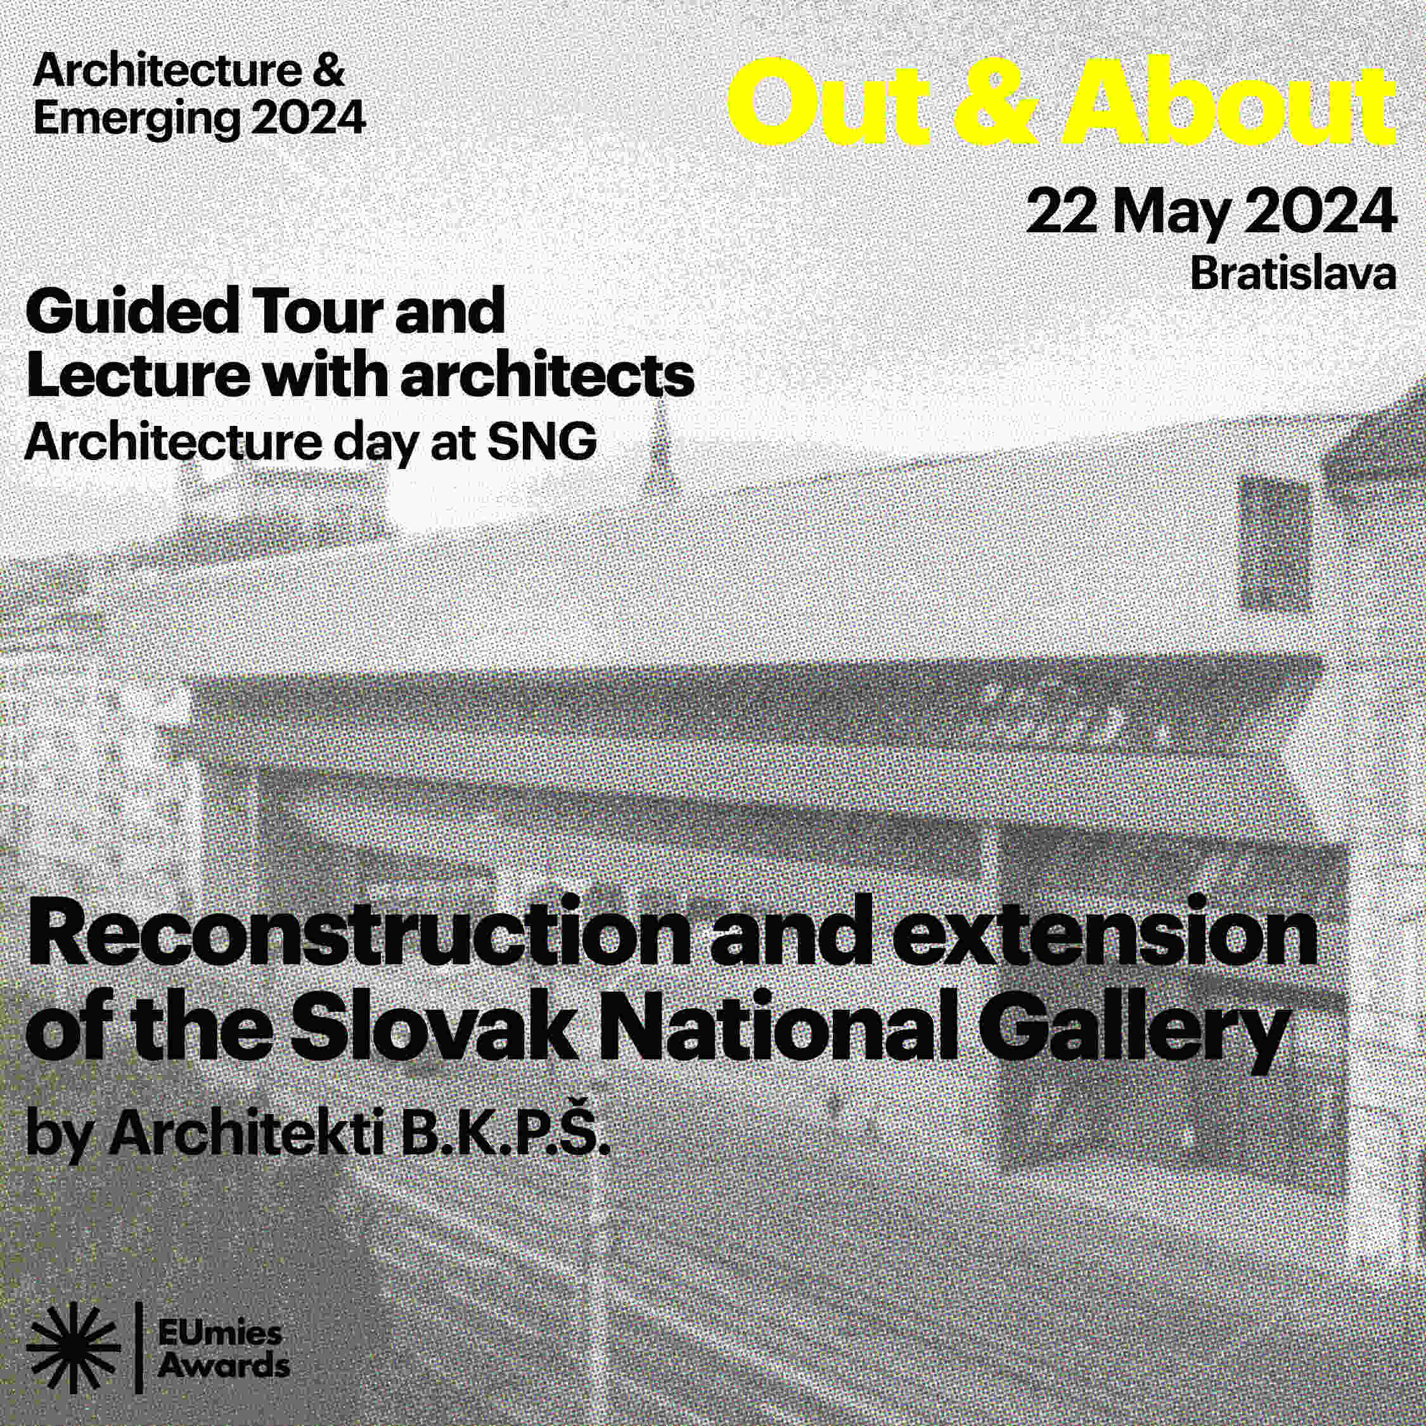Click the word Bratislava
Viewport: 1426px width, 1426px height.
(1292, 274)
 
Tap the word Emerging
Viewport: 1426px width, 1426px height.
(136, 119)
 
